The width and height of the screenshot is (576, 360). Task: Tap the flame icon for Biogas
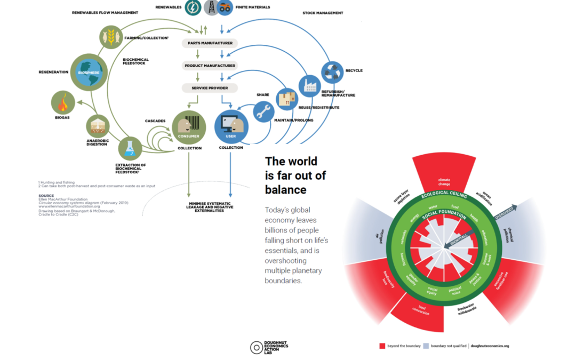pyautogui.click(x=62, y=102)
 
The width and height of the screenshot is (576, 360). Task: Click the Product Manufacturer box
pyautogui.click(x=209, y=66)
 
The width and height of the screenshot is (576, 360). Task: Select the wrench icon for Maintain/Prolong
pyautogui.click(x=263, y=111)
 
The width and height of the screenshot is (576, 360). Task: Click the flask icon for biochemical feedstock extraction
pyautogui.click(x=130, y=148)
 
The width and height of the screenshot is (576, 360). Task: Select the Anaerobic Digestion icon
pyautogui.click(x=98, y=125)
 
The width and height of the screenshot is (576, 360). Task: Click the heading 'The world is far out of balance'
pyautogui.click(x=295, y=175)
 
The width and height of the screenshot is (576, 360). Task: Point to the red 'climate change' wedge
pyautogui.click(x=444, y=179)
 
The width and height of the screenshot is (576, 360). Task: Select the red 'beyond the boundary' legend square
pyautogui.click(x=382, y=346)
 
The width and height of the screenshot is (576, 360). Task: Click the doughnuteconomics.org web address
pyautogui.click(x=490, y=346)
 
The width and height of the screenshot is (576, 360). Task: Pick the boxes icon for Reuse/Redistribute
pyautogui.click(x=286, y=99)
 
